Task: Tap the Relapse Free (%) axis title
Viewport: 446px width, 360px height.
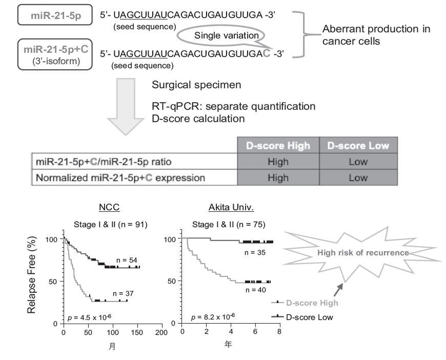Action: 33,275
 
